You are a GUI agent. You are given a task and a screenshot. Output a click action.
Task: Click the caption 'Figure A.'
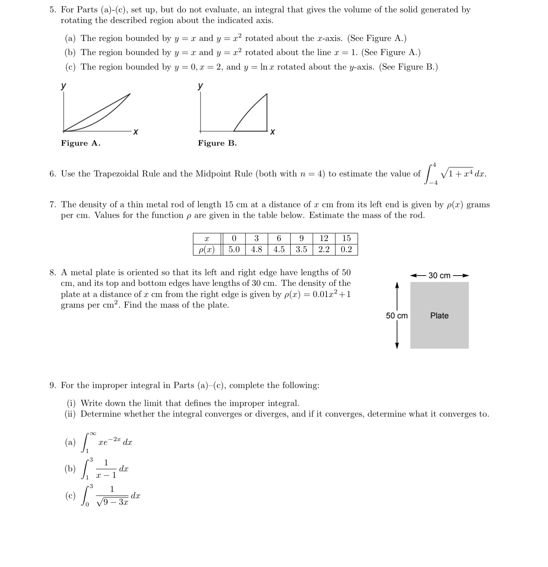81,143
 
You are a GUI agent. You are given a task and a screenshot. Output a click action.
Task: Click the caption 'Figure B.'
217,143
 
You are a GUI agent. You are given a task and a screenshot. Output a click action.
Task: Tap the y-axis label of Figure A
63,86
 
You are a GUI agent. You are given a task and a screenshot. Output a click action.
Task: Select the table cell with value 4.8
257,250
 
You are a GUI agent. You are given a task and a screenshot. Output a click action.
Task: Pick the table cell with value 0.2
346,250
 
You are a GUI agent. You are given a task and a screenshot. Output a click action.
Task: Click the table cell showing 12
324,238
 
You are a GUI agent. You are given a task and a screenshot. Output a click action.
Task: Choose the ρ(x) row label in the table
207,250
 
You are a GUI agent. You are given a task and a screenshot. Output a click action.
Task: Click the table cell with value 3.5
301,250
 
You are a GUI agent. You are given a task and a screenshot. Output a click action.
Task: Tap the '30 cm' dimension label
439,276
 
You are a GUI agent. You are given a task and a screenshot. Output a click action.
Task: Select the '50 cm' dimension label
396,316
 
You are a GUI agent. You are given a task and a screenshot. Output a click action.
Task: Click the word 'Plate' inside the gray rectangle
439,316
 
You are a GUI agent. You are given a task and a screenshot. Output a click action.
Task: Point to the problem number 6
52,174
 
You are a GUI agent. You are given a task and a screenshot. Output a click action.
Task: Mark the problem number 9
52,385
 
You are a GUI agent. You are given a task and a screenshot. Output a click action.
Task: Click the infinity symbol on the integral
92,433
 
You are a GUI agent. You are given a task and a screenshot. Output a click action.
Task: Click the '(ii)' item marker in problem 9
70,414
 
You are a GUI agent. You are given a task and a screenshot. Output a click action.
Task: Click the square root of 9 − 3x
113,502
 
